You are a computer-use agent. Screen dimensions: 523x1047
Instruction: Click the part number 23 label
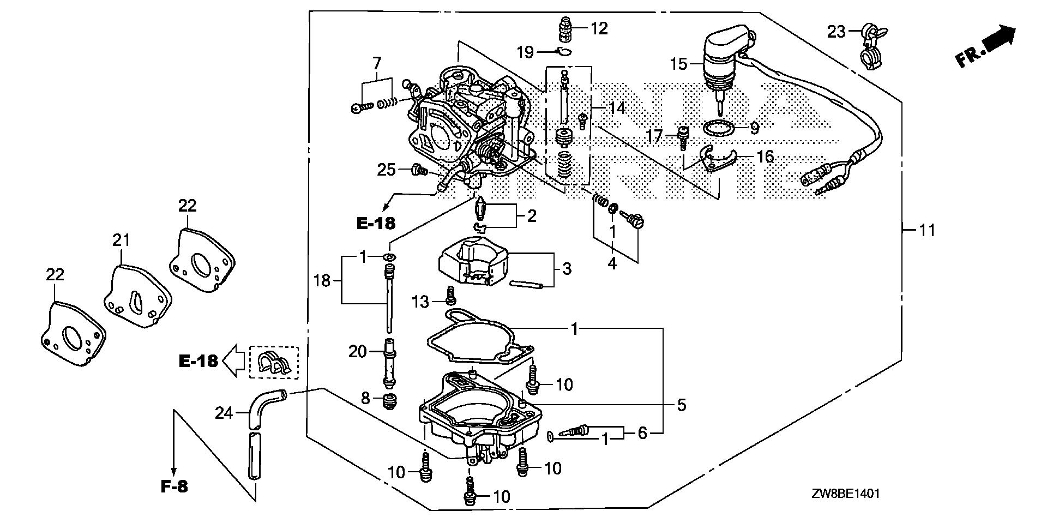(x=836, y=32)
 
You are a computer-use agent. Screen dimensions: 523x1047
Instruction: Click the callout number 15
(x=679, y=64)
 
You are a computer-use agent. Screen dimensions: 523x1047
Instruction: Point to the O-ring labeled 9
(x=718, y=129)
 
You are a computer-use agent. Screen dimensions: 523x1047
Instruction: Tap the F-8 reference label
(x=174, y=486)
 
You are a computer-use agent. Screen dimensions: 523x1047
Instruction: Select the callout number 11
(x=927, y=230)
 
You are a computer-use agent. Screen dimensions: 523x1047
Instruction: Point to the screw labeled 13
(x=450, y=295)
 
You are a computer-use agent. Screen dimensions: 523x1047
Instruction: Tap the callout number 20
(x=358, y=352)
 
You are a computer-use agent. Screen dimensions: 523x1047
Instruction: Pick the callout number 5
(x=681, y=405)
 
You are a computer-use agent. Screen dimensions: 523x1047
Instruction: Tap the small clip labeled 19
(x=564, y=52)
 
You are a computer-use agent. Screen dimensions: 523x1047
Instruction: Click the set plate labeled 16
(x=715, y=160)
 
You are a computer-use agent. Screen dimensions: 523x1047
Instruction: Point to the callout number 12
(x=599, y=28)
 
